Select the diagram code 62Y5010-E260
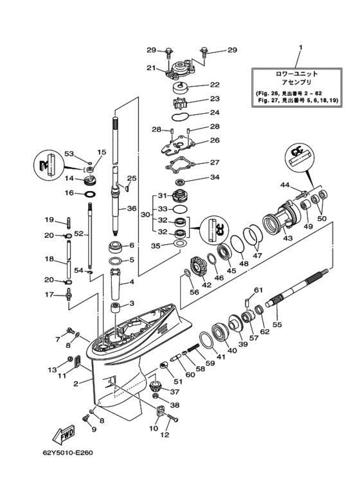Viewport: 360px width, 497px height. [67, 453]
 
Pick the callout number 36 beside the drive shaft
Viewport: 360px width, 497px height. [132, 208]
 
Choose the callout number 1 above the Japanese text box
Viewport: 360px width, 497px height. [300, 48]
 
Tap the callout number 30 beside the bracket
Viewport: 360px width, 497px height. [145, 215]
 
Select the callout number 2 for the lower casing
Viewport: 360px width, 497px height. [76, 384]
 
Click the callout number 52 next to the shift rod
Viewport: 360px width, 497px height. [78, 233]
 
